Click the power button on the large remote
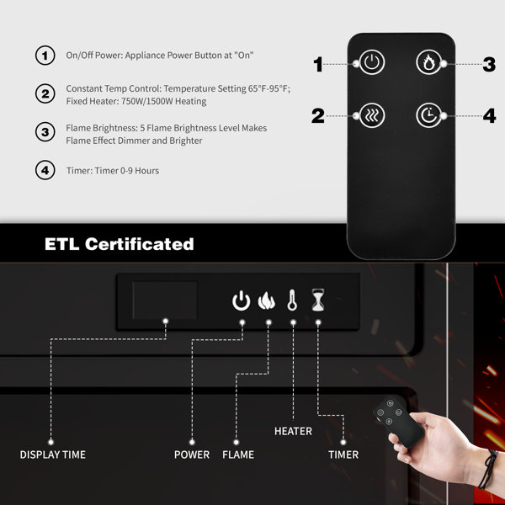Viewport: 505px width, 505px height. [x=372, y=62]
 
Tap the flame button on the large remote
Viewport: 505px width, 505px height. [x=428, y=62]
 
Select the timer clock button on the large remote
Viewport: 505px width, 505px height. [x=428, y=115]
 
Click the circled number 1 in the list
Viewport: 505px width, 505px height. [x=45, y=56]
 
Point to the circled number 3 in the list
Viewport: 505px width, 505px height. [x=45, y=132]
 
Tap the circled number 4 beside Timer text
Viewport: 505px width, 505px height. [x=45, y=170]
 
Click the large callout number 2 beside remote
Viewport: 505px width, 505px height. [x=318, y=116]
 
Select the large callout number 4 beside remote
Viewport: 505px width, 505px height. [x=489, y=116]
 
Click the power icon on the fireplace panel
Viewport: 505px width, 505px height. [x=242, y=300]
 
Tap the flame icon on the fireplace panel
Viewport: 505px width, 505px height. [x=266, y=300]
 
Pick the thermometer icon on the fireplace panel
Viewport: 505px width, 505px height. [x=292, y=300]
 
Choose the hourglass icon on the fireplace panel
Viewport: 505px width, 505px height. [x=318, y=300]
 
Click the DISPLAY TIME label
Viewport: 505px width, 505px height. [x=53, y=454]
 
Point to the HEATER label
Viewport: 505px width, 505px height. [x=293, y=431]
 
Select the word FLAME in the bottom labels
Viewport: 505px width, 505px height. [x=238, y=454]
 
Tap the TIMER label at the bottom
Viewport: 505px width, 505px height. [x=343, y=454]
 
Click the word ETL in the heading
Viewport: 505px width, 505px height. [x=61, y=244]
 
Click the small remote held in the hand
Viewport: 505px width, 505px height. [x=398, y=422]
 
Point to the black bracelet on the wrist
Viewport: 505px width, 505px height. [x=489, y=469]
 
